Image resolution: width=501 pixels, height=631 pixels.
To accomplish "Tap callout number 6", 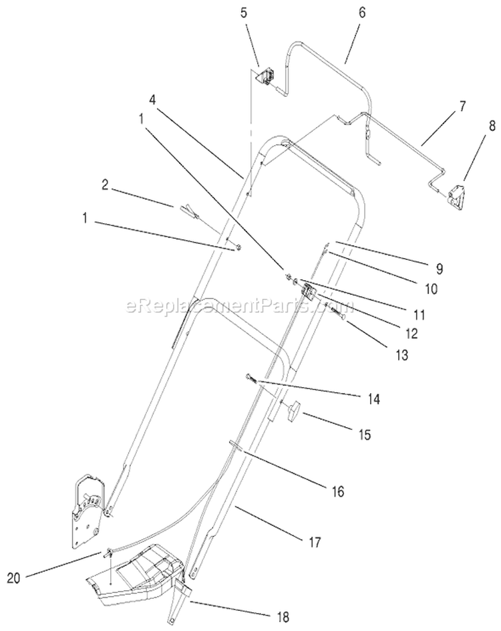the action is [x=362, y=13].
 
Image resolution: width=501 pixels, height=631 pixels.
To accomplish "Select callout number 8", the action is [x=492, y=126].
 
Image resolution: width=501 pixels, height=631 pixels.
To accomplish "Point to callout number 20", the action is [x=13, y=578].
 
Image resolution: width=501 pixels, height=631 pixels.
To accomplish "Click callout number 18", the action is [x=283, y=616].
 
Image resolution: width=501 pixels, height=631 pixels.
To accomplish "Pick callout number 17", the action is [x=315, y=542].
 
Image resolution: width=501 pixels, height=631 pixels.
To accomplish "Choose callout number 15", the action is [x=364, y=435].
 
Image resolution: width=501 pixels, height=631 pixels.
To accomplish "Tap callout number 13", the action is [x=401, y=355].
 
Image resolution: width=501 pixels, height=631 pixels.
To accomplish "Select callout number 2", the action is [x=105, y=186].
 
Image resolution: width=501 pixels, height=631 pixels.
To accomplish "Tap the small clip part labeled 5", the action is [x=266, y=76].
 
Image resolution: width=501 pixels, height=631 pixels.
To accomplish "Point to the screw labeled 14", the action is [x=253, y=379].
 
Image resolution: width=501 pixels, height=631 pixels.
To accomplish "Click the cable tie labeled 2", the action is [x=182, y=209].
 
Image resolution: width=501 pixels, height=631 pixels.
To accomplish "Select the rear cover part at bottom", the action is [x=135, y=576].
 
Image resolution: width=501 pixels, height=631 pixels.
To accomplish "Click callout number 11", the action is [x=420, y=315].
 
